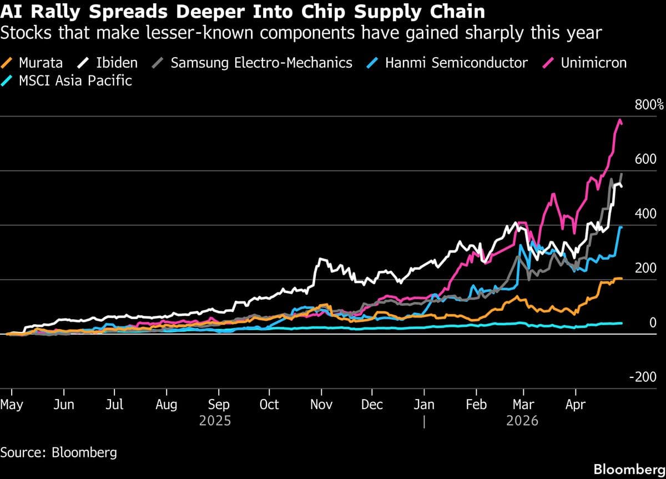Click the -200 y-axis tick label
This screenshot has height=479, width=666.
pos(643,377)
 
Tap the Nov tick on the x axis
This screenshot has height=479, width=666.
pos(321,405)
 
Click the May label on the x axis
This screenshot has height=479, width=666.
pos(12,405)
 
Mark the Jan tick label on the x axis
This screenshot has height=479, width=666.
pos(424,405)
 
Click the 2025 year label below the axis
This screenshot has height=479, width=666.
pos(215,421)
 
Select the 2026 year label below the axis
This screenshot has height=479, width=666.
pos(522,421)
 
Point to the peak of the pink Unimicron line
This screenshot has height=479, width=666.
pos(619,119)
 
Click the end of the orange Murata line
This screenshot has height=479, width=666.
pos(621,278)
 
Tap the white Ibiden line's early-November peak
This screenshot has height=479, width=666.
pos(320,259)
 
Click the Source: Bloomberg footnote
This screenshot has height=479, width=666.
pos(59,452)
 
